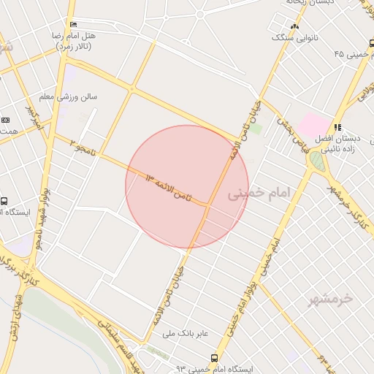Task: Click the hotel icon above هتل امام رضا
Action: point(71,25)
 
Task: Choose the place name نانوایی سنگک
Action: point(293,36)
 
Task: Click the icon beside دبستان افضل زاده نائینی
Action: point(337,127)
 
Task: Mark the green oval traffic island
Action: point(316,160)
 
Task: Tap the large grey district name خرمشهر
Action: point(327,298)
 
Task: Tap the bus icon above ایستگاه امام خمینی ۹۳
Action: point(213,358)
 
